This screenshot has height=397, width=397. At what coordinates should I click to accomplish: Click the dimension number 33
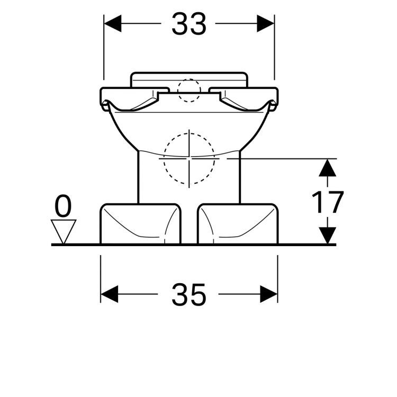click(188, 24)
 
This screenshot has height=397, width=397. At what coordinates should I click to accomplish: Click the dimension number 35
click(188, 294)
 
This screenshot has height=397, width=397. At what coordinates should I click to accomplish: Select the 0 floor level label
click(63, 207)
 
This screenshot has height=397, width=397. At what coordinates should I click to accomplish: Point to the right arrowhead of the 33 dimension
click(266, 24)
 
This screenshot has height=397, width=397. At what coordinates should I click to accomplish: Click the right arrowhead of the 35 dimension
click(269, 294)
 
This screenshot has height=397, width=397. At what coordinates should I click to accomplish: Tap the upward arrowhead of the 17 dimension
click(328, 168)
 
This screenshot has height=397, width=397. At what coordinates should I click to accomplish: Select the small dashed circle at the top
click(189, 90)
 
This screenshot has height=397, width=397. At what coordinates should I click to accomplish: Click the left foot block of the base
click(140, 223)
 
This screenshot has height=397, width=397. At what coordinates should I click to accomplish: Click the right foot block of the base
click(237, 223)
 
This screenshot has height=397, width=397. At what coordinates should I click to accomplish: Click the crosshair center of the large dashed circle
click(190, 158)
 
